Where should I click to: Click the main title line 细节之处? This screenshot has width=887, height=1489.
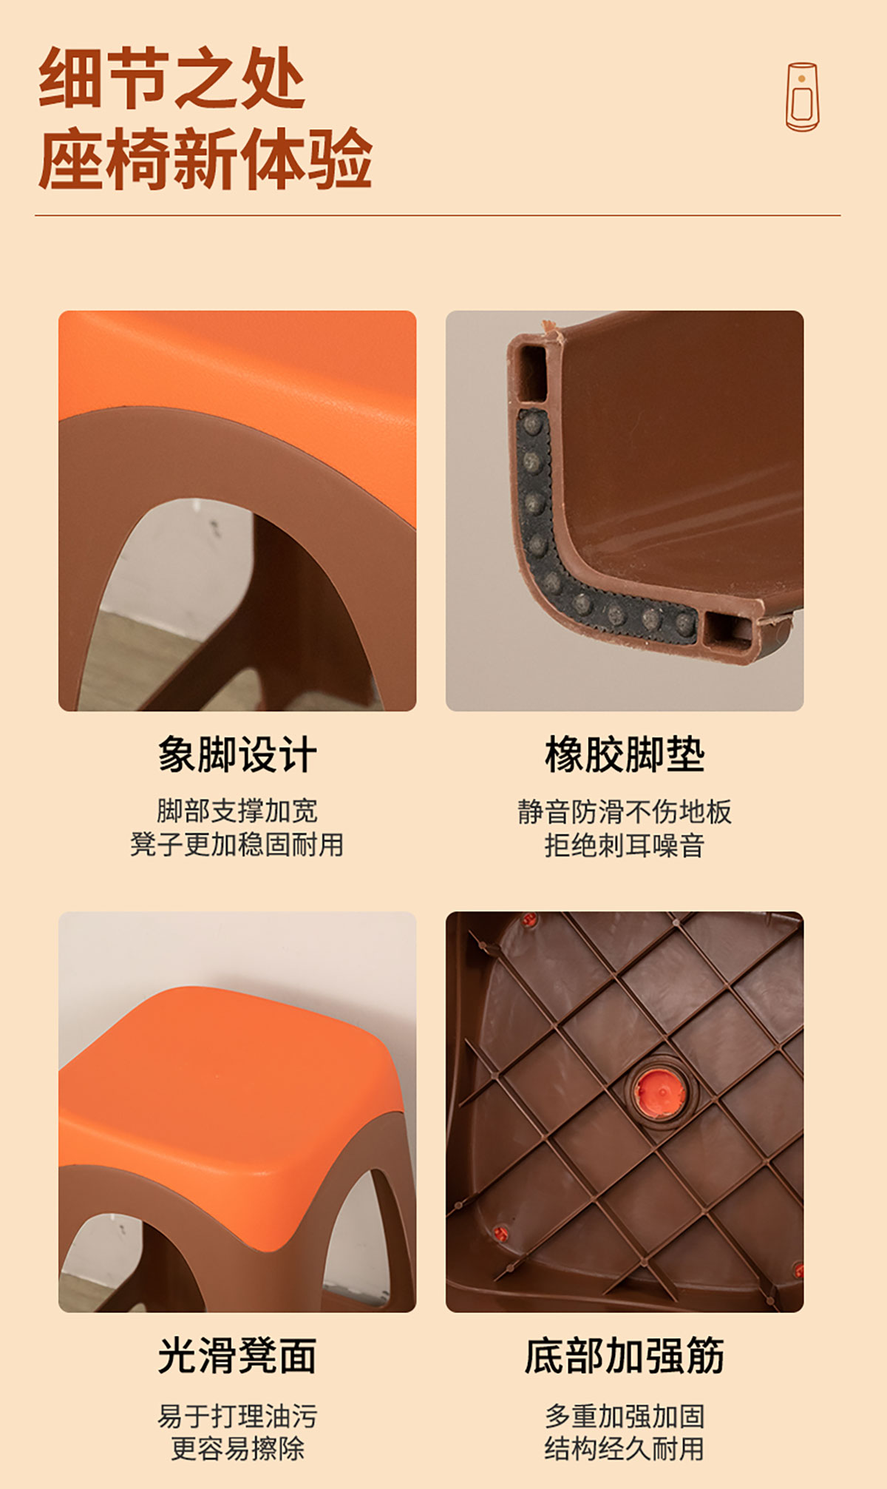pyautogui.click(x=171, y=78)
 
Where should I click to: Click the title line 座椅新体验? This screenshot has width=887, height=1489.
pyautogui.click(x=205, y=158)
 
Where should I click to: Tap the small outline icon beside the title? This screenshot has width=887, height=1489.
pyautogui.click(x=802, y=97)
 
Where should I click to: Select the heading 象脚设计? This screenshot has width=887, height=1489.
pyautogui.click(x=237, y=754)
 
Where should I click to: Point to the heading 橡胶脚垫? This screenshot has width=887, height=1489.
pyautogui.click(x=625, y=754)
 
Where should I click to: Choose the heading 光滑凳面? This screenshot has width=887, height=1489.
pyautogui.click(x=237, y=1356)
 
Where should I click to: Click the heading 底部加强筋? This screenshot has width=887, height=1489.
pyautogui.click(x=625, y=1356)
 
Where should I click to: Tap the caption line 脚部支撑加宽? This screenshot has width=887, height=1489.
pyautogui.click(x=237, y=811)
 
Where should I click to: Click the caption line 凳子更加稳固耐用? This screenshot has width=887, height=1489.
pyautogui.click(x=237, y=844)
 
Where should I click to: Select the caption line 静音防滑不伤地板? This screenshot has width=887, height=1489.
pyautogui.click(x=625, y=811)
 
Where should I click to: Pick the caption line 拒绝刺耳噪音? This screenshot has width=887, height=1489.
pyautogui.click(x=625, y=845)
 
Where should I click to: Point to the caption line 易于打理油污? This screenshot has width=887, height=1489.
pyautogui.click(x=237, y=1416)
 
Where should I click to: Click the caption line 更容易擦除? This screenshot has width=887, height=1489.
pyautogui.click(x=237, y=1448)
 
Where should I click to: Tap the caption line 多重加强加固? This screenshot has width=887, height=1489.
pyautogui.click(x=625, y=1416)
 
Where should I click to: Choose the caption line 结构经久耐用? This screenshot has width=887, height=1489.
pyautogui.click(x=625, y=1448)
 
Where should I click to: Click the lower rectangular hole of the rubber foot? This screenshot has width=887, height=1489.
pyautogui.click(x=727, y=629)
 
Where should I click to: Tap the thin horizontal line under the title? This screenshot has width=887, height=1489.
pyautogui.click(x=438, y=216)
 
